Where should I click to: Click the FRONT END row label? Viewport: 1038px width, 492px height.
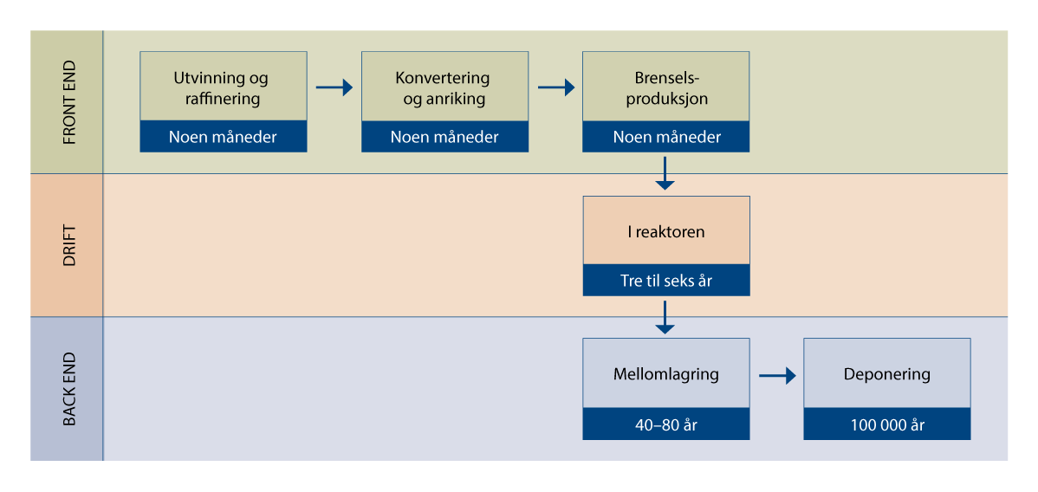point(68,102)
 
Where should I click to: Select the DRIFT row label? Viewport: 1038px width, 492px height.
point(68,245)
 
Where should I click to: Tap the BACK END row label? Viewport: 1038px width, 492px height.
point(68,388)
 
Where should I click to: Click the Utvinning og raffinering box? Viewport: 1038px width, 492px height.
point(224,87)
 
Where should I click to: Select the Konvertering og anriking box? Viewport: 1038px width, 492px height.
point(444,87)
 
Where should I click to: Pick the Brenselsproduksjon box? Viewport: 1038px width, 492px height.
point(665,87)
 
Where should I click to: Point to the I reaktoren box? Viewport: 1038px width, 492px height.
point(665,231)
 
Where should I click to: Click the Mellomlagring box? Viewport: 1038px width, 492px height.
point(665,373)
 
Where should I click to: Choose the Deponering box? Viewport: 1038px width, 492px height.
point(886,373)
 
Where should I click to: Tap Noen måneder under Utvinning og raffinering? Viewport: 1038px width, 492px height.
point(224,137)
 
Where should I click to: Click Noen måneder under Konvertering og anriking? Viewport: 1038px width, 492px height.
point(444,137)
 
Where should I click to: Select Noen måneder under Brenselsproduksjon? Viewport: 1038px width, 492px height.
point(665,137)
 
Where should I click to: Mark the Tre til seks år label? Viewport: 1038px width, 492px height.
point(665,281)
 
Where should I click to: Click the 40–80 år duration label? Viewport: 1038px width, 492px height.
point(665,424)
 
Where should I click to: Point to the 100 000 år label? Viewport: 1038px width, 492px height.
point(886,424)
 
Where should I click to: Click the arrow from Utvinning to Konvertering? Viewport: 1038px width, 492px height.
point(334,87)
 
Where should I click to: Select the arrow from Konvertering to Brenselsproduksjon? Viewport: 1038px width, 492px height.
point(556,87)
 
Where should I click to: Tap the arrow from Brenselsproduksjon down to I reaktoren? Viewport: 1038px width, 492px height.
point(665,173)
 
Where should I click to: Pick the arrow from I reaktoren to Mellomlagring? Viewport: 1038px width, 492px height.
point(665,317)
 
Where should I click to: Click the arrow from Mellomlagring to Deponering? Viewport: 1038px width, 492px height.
point(777,376)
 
